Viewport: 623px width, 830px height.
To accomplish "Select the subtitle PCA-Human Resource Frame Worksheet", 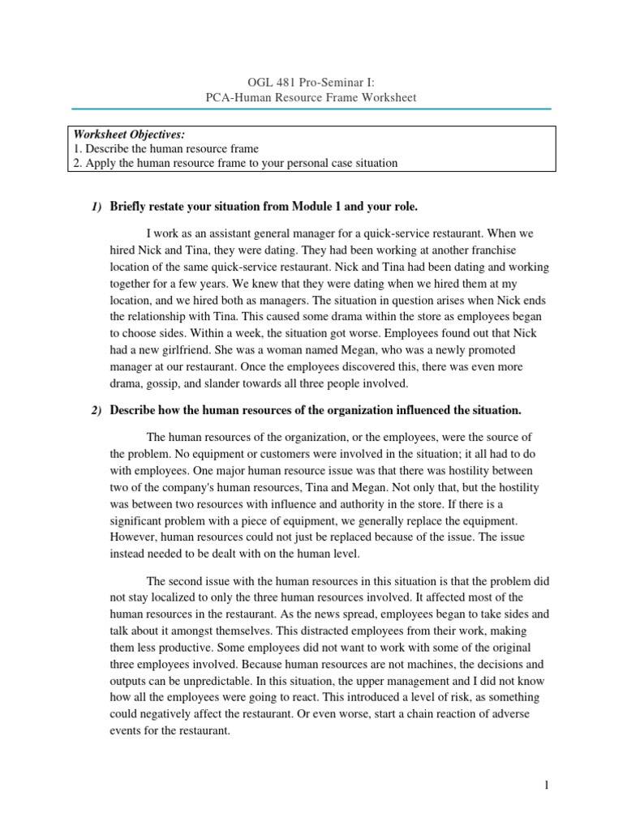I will pos(311,97).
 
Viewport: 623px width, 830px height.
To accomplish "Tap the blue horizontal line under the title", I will pos(311,109).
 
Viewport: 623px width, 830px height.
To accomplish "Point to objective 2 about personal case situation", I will pos(235,163).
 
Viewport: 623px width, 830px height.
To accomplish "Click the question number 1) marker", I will pos(96,207).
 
